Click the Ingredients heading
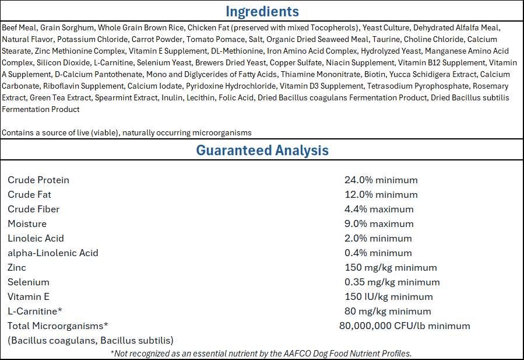point(262,12)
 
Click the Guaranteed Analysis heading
point(262,150)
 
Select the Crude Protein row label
point(38,180)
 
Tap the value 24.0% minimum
point(381,180)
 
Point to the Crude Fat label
point(29,194)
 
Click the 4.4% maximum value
point(379,209)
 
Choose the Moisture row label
point(27,223)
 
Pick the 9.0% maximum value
point(379,223)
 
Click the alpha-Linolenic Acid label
point(53,253)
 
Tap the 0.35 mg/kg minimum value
point(392,282)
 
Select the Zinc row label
point(17,267)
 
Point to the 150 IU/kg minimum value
point(389,297)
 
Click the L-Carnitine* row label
point(35,311)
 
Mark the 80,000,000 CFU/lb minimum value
point(405,326)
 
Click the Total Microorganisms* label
point(58,326)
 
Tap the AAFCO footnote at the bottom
point(261,354)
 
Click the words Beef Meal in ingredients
point(19,27)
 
